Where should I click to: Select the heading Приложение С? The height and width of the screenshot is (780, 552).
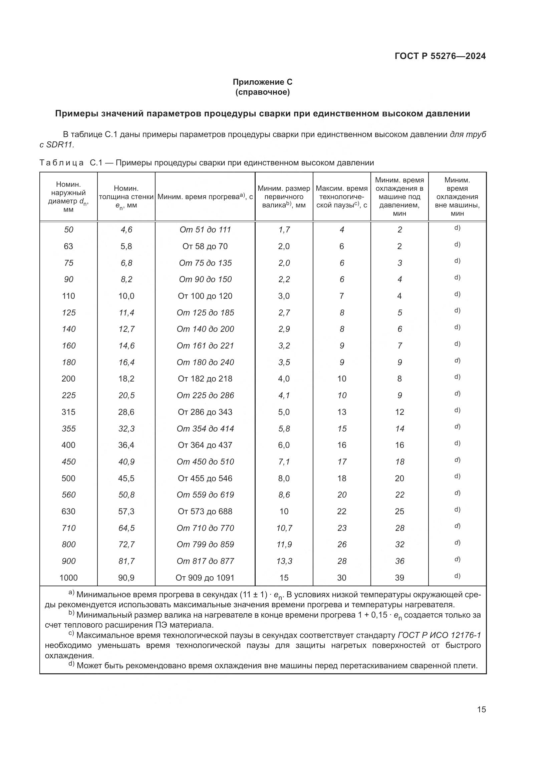click(x=262, y=82)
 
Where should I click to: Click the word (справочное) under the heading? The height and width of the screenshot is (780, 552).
click(x=262, y=92)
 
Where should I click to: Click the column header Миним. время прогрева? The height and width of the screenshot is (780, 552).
click(x=205, y=197)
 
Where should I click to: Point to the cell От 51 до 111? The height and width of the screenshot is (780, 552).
click(x=205, y=230)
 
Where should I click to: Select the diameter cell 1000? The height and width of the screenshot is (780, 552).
click(x=68, y=578)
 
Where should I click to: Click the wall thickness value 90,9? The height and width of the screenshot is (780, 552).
click(x=126, y=578)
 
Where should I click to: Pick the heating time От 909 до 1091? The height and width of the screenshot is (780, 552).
click(x=205, y=578)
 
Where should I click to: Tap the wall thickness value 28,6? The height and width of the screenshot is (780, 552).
click(x=126, y=412)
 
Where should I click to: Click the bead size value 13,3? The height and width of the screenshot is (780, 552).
click(x=284, y=561)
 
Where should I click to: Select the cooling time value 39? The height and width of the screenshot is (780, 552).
click(x=399, y=578)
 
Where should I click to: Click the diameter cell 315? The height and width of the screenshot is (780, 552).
click(x=68, y=412)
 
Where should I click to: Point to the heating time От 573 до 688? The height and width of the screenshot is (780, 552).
click(x=205, y=511)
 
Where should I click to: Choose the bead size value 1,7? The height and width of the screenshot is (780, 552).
click(x=284, y=230)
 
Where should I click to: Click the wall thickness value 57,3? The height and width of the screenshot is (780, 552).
click(x=126, y=511)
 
